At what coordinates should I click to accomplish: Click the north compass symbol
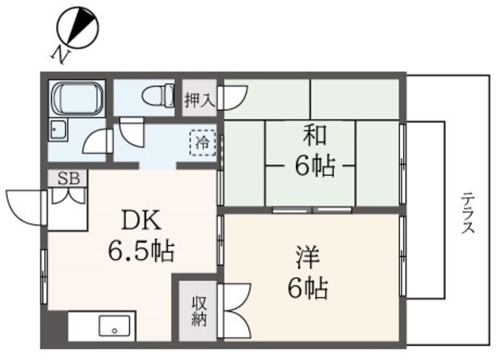[78, 26]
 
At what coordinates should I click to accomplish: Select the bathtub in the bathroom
[76, 98]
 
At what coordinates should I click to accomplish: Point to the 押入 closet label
[197, 99]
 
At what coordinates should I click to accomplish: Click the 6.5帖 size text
[140, 252]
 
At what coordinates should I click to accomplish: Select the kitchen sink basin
[114, 325]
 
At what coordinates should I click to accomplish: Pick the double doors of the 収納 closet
[235, 310]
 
